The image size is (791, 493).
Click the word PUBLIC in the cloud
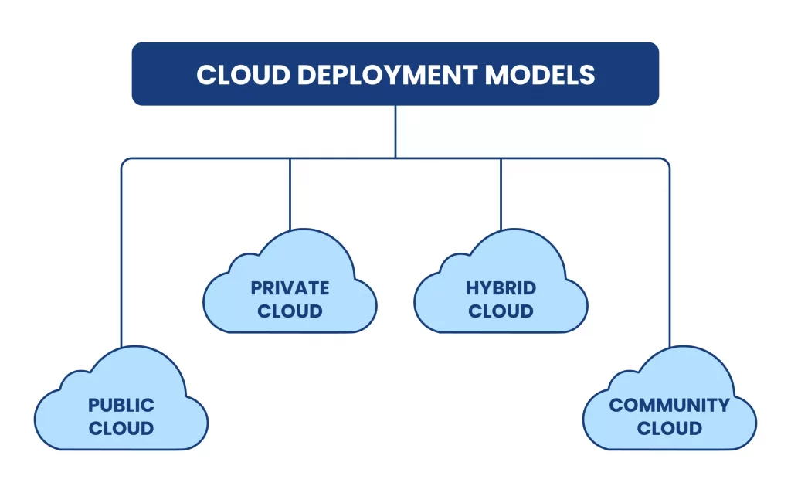[x=121, y=405]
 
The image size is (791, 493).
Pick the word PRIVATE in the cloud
[x=290, y=288]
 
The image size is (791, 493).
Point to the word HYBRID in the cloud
[x=501, y=288]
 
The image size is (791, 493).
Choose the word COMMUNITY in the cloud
[x=669, y=405]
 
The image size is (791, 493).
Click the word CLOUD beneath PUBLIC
[x=121, y=428]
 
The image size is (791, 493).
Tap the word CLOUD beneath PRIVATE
[x=290, y=311]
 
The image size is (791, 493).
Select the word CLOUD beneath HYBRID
[x=501, y=311]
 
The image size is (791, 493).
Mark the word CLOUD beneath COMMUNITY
[x=669, y=428]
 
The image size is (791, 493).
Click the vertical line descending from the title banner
[x=395, y=131]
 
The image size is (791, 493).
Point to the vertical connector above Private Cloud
[x=290, y=193]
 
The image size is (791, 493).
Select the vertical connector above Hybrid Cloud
[x=501, y=193]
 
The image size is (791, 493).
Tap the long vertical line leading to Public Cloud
[x=121, y=255]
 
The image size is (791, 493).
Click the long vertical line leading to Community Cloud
[x=670, y=255]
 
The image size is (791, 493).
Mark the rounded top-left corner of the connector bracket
[x=124, y=161]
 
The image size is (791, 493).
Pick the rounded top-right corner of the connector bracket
[x=667, y=161]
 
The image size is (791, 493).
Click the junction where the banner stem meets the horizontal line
[x=395, y=158]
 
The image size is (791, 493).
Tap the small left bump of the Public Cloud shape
[x=74, y=382]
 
